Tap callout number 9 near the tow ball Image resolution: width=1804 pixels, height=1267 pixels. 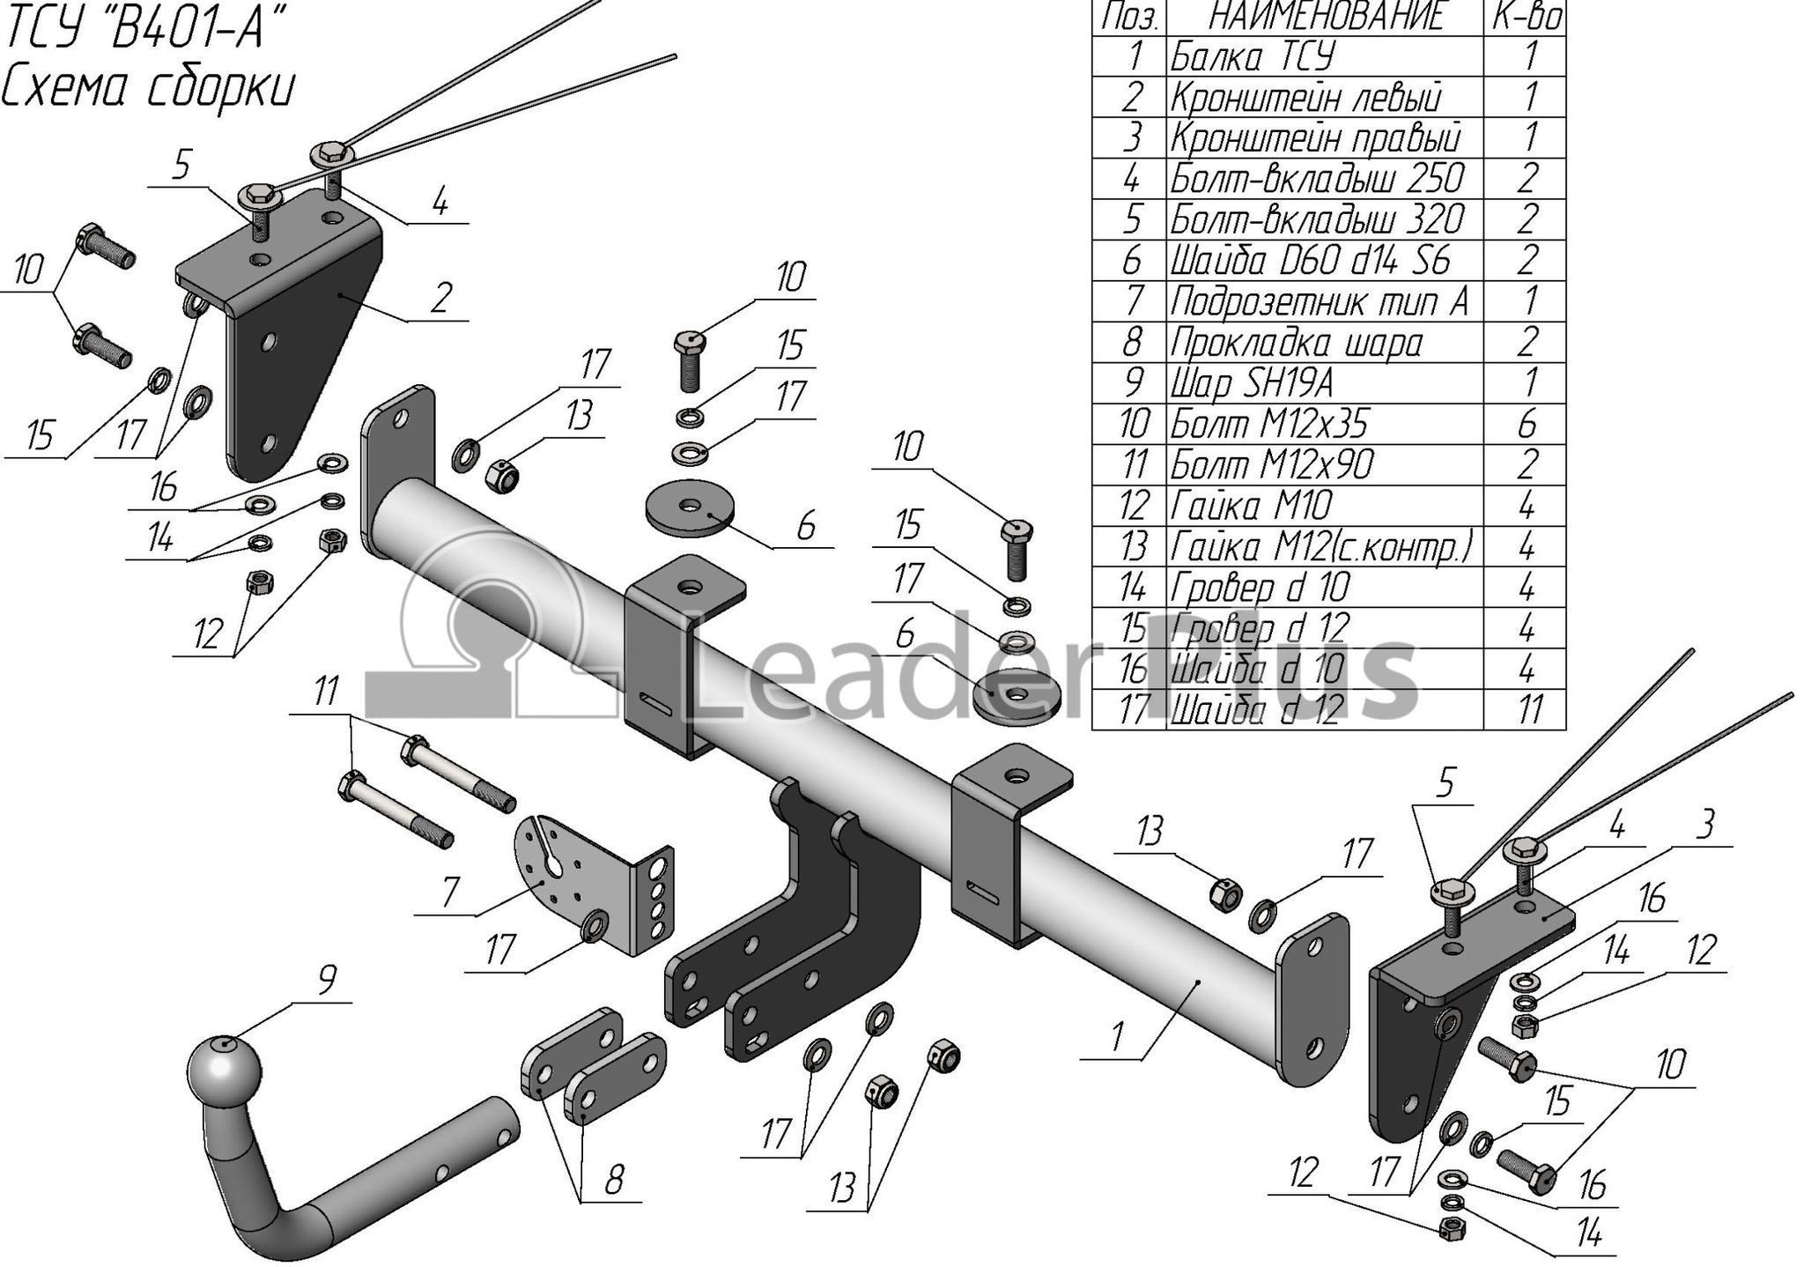tap(326, 980)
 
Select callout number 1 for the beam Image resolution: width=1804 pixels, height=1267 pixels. tap(1117, 1036)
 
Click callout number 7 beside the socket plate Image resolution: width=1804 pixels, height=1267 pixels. tap(450, 893)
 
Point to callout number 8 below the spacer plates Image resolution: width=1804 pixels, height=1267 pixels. tap(613, 1179)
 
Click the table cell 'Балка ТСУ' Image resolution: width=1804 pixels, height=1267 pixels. tap(1252, 56)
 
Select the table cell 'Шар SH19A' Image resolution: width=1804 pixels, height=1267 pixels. tap(1252, 382)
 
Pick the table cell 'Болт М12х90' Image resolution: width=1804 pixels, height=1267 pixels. tap(1271, 464)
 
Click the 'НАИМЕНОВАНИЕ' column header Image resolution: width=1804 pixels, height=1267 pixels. tap(1327, 17)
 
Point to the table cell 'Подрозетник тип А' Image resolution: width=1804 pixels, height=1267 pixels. tap(1319, 301)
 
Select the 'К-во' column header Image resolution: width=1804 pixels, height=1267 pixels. tap(1527, 17)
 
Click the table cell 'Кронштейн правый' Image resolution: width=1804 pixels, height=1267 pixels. tap(1315, 138)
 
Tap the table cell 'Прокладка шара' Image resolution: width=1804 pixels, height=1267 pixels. tap(1296, 342)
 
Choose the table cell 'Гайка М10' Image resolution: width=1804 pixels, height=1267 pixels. tap(1251, 506)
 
